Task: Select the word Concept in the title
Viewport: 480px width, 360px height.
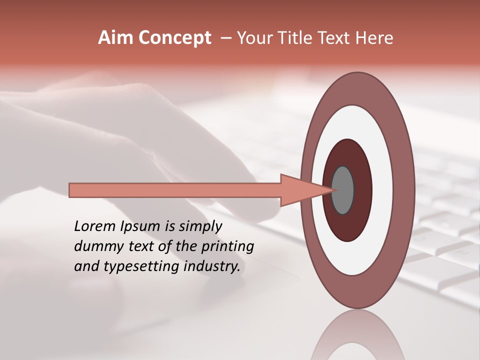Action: (x=174, y=38)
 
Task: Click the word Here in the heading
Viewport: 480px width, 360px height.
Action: (x=374, y=38)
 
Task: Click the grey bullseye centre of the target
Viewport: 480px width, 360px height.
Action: (x=343, y=190)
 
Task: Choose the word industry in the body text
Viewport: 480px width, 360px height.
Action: (x=212, y=267)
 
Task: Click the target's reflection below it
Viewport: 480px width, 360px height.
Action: (x=358, y=337)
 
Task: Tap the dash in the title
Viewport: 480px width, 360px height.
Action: (x=225, y=38)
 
